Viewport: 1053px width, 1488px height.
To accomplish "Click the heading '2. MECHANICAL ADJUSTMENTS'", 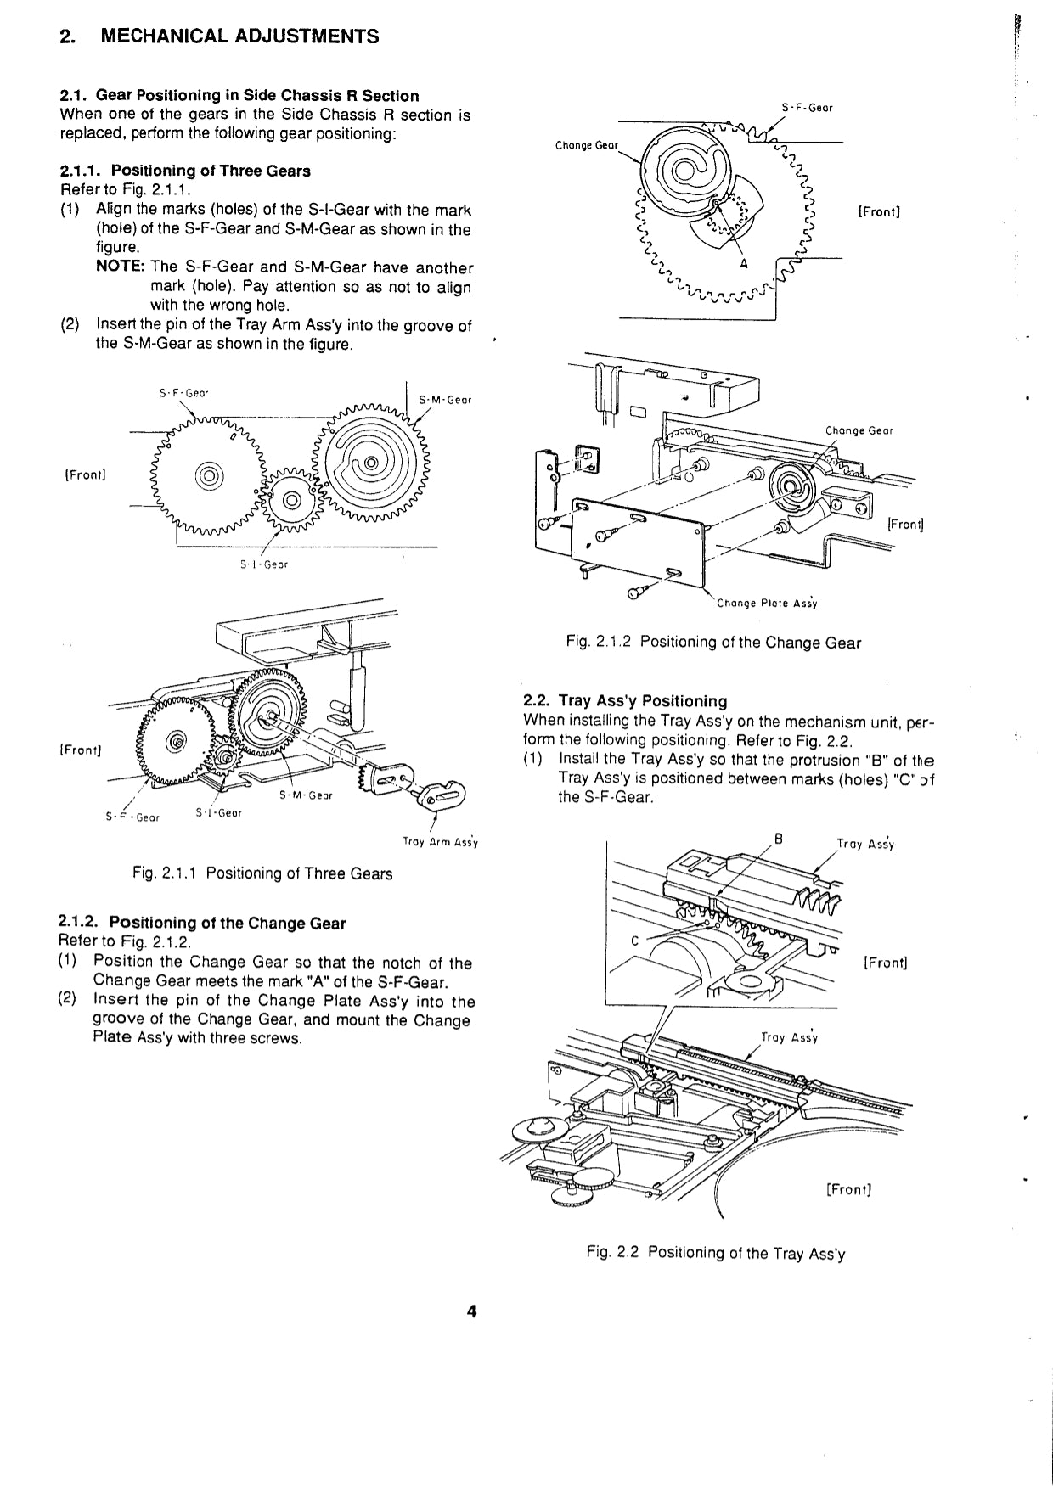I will click(219, 36).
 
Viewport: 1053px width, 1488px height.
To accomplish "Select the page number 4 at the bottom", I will click(472, 1311).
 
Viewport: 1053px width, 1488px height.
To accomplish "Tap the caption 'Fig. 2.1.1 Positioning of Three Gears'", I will click(262, 873).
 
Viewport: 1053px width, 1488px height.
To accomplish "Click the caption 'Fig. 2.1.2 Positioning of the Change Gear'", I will click(713, 643).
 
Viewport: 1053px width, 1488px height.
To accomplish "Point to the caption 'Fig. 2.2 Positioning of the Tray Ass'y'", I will click(715, 1253).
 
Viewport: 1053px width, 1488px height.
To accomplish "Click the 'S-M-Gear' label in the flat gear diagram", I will click(445, 400).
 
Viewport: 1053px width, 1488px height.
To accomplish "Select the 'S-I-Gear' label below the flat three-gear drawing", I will click(264, 564).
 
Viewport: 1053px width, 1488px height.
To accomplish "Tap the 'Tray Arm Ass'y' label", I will click(440, 843).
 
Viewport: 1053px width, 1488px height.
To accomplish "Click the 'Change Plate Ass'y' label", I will click(767, 604).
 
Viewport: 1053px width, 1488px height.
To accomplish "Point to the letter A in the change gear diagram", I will click(744, 264).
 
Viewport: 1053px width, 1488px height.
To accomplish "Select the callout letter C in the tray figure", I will click(634, 940).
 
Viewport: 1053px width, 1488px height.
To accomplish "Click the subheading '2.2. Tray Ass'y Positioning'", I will click(625, 701).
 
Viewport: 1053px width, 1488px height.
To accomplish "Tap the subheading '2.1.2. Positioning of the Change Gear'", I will click(202, 923).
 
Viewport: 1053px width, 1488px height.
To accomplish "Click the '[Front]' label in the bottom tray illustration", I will click(848, 1189).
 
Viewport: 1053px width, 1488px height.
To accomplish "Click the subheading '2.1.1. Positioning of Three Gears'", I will click(185, 171).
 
